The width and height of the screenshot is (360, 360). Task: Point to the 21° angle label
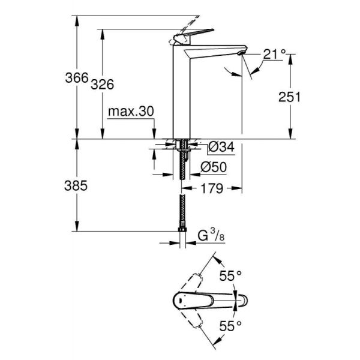(274, 55)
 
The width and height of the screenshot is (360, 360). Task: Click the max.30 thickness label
(131, 112)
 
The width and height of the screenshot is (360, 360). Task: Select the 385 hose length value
(77, 186)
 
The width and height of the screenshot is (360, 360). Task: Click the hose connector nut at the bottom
(181, 230)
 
